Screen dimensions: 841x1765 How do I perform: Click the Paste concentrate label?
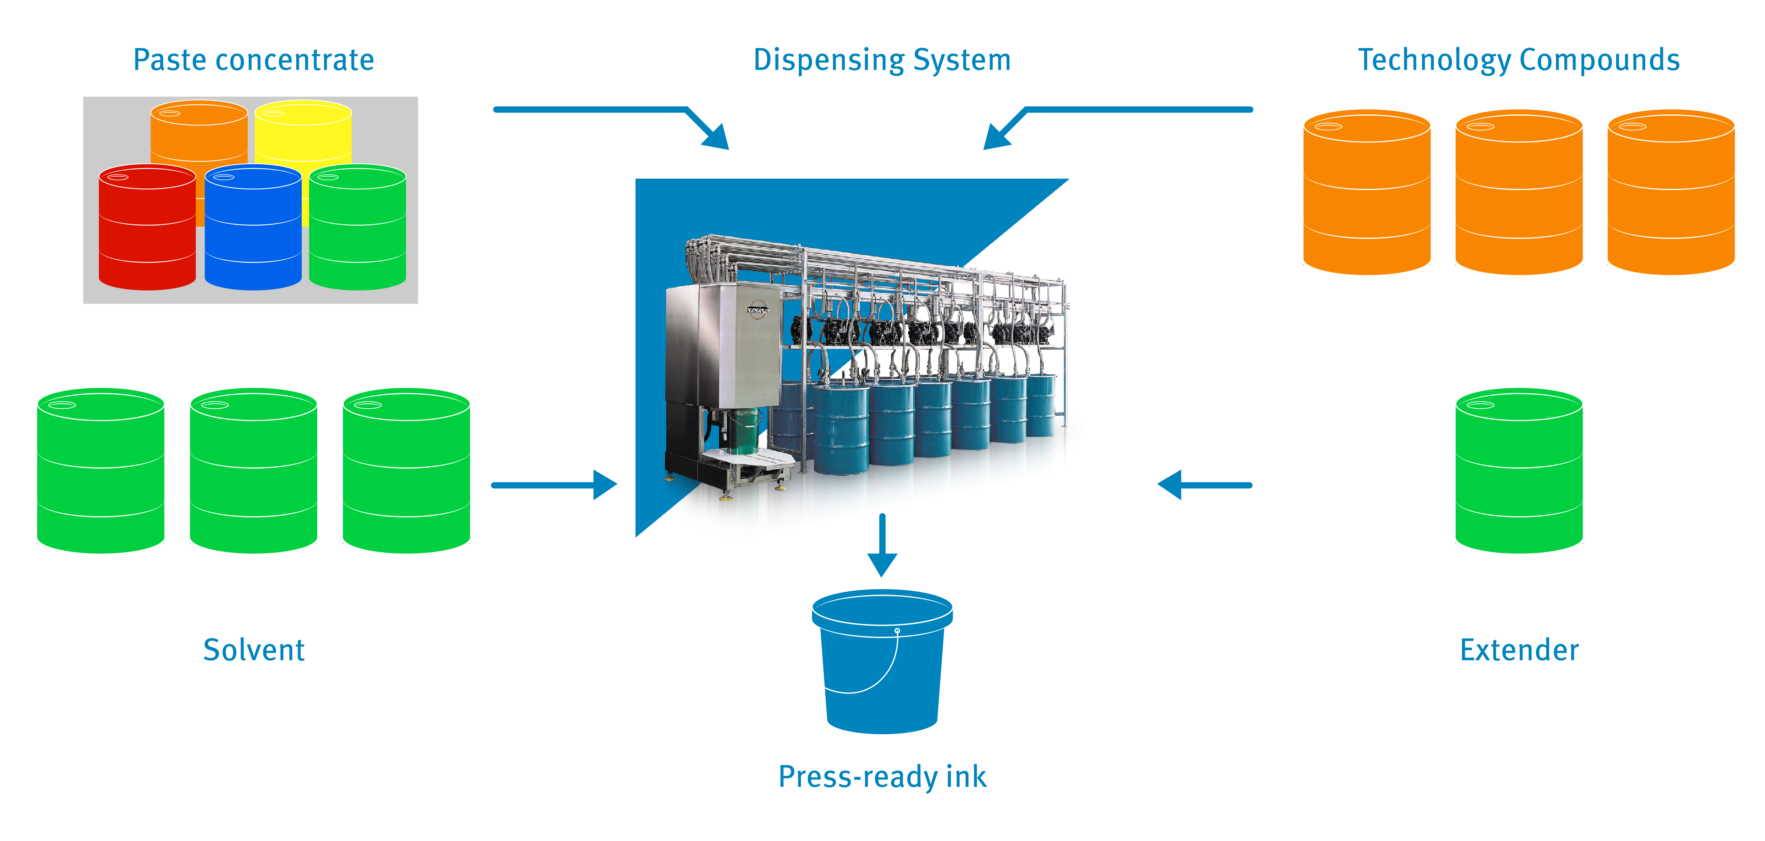pos(253,60)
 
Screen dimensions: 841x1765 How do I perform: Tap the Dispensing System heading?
pos(882,60)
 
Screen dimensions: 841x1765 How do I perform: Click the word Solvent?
pos(253,650)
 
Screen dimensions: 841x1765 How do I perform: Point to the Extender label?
pos(1519,650)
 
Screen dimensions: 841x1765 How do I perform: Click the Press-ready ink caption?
pos(882,777)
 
